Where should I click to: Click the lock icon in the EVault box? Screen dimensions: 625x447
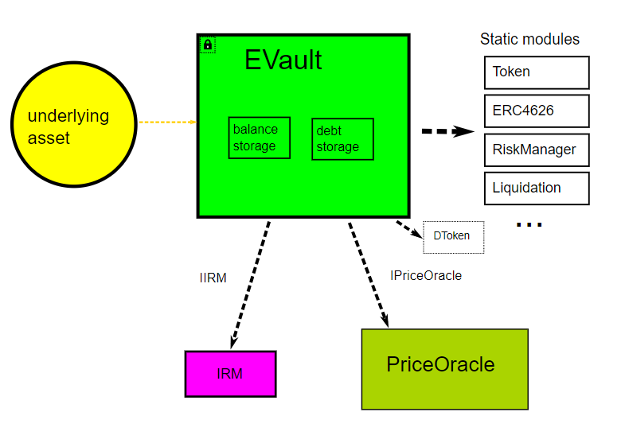[x=208, y=45]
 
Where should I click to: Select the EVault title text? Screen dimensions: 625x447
[x=283, y=60]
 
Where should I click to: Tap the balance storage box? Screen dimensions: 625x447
[x=259, y=138]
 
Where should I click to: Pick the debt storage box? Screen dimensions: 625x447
[x=343, y=139]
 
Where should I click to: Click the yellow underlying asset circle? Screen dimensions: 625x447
[x=74, y=124]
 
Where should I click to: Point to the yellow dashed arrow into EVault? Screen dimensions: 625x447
[x=168, y=122]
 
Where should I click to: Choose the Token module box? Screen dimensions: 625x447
[x=537, y=72]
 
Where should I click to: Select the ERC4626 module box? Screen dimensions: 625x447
[x=537, y=111]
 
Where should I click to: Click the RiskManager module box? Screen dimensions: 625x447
[x=537, y=150]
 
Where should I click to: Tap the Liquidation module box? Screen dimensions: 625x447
[x=537, y=189]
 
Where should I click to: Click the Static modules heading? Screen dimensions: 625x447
[x=529, y=39]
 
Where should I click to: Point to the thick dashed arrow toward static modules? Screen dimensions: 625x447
[x=448, y=131]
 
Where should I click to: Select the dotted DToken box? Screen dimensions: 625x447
[x=454, y=237]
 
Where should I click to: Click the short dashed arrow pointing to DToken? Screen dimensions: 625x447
[x=409, y=230]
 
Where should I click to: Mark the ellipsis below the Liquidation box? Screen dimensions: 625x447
[x=529, y=225]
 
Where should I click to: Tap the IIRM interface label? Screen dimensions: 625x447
[x=213, y=278]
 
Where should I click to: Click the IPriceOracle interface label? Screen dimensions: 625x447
[x=426, y=275]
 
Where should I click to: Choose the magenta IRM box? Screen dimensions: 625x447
[x=230, y=374]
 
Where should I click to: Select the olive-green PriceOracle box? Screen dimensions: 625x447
[x=445, y=369]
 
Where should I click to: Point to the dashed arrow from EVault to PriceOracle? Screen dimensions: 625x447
[x=369, y=275]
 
